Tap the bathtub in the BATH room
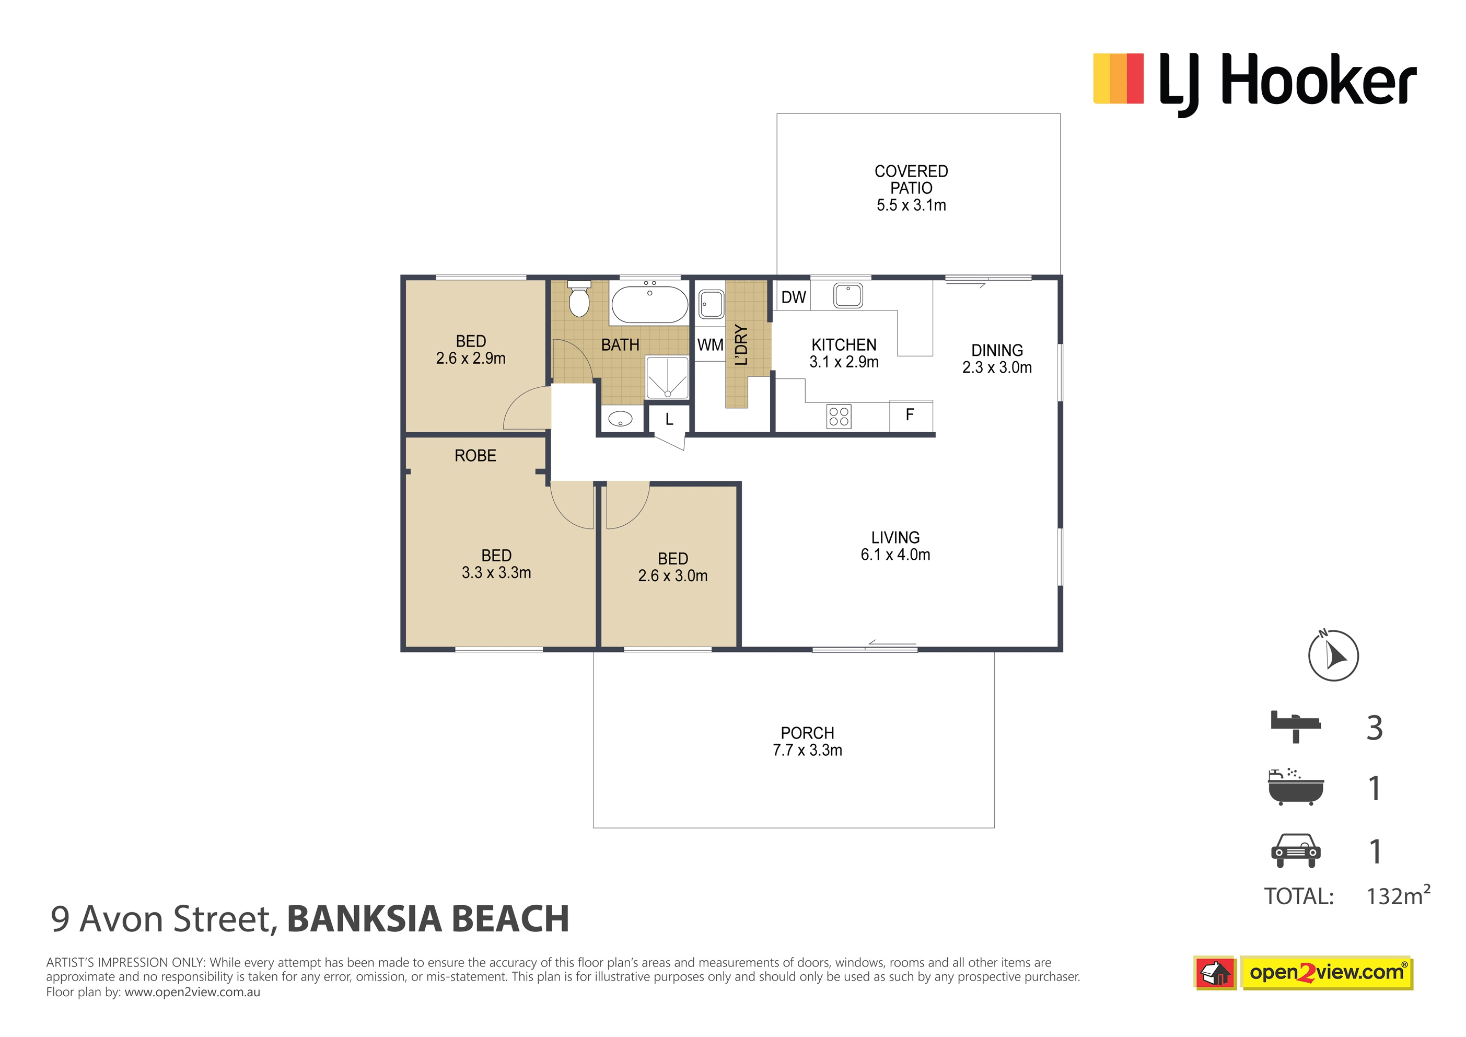[649, 304]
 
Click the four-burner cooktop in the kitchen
[839, 417]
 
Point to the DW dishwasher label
[793, 297]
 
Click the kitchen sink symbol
[848, 296]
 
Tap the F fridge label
[910, 414]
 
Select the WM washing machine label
[710, 345]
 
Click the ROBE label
[475, 456]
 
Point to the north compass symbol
[1333, 655]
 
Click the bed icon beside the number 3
[1295, 726]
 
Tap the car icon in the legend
[1295, 850]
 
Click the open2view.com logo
[1326, 973]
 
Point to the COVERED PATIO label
[911, 180]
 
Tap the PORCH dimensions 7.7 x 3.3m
[807, 750]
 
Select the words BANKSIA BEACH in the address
[428, 919]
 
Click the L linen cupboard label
[669, 419]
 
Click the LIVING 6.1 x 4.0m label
[895, 546]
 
